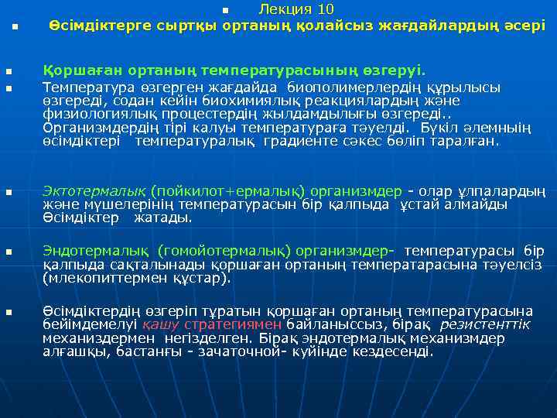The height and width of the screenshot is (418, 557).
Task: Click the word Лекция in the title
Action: (285, 9)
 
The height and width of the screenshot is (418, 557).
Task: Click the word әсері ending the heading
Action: (525, 26)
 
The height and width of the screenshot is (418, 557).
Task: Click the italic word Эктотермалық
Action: (94, 191)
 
